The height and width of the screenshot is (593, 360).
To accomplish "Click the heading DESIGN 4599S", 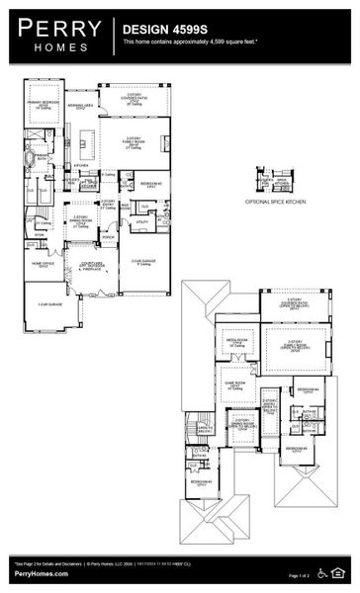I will pos(157,31).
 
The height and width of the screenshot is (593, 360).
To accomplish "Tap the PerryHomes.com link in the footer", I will pos(41,574).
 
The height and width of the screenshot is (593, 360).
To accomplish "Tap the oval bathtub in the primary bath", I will pos(41,158).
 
